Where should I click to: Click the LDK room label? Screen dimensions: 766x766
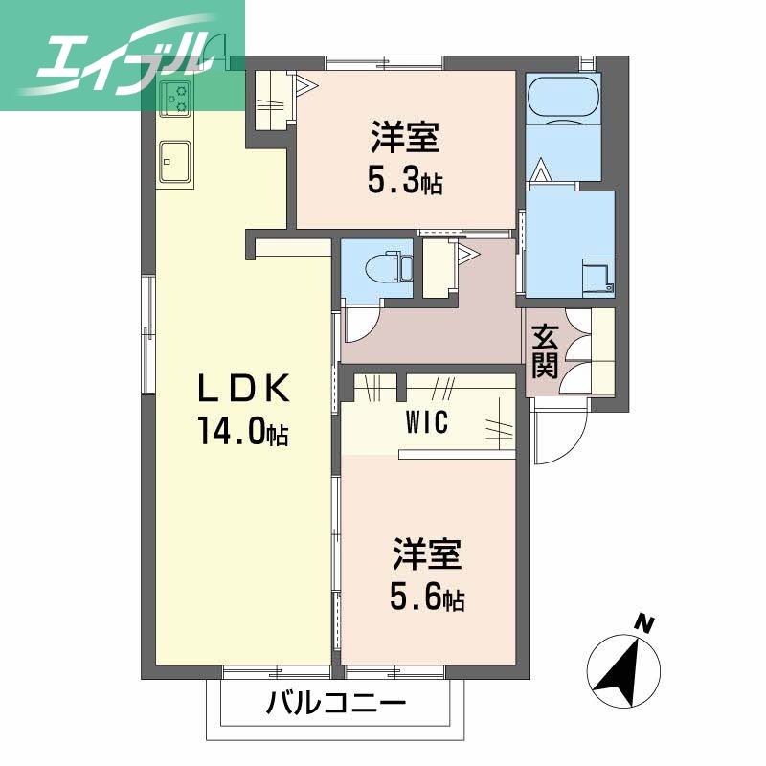pos(242,388)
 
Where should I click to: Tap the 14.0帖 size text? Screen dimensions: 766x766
pos(243,433)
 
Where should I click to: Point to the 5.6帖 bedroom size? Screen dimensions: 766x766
pos(427,598)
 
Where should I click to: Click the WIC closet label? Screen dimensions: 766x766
pos(427,422)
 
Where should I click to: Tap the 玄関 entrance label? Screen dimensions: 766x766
pos(545,350)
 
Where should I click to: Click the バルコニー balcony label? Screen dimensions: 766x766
pos(336,705)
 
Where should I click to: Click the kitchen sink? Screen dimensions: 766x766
pos(174,157)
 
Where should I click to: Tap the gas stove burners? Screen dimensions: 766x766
pos(176,98)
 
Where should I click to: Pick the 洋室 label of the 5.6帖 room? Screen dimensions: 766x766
pos(427,555)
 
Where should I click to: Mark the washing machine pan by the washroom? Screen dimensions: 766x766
pos(598,274)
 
